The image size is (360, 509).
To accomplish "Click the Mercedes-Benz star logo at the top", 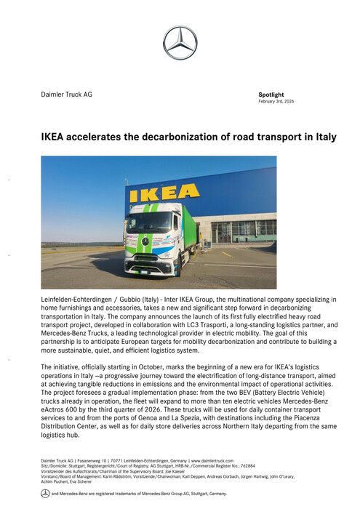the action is pyautogui.click(x=180, y=43).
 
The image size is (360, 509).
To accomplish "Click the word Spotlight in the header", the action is pyautogui.click(x=271, y=95).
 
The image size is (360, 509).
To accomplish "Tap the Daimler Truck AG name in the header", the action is pyautogui.click(x=66, y=95).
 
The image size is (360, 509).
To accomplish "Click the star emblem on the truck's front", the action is pyautogui.click(x=145, y=241).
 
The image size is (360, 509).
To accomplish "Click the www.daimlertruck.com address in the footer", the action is pyautogui.click(x=217, y=461).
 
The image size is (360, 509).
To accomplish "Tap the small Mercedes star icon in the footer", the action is pyautogui.click(x=45, y=493).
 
